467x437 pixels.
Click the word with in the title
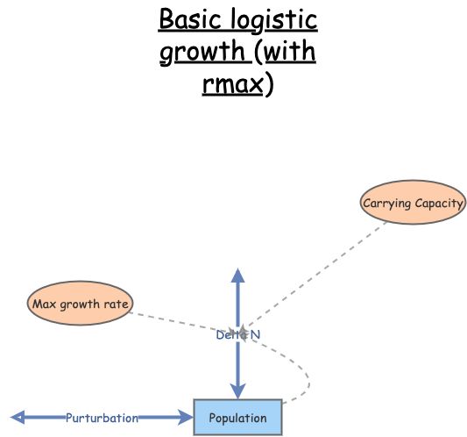pos(288,52)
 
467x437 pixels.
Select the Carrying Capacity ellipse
pos(413,204)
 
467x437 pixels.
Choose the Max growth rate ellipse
pos(80,304)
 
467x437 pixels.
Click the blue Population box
pos(237,418)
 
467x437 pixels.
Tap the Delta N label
pos(237,334)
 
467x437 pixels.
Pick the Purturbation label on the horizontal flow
pos(102,418)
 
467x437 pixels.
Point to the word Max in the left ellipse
pos(44,304)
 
